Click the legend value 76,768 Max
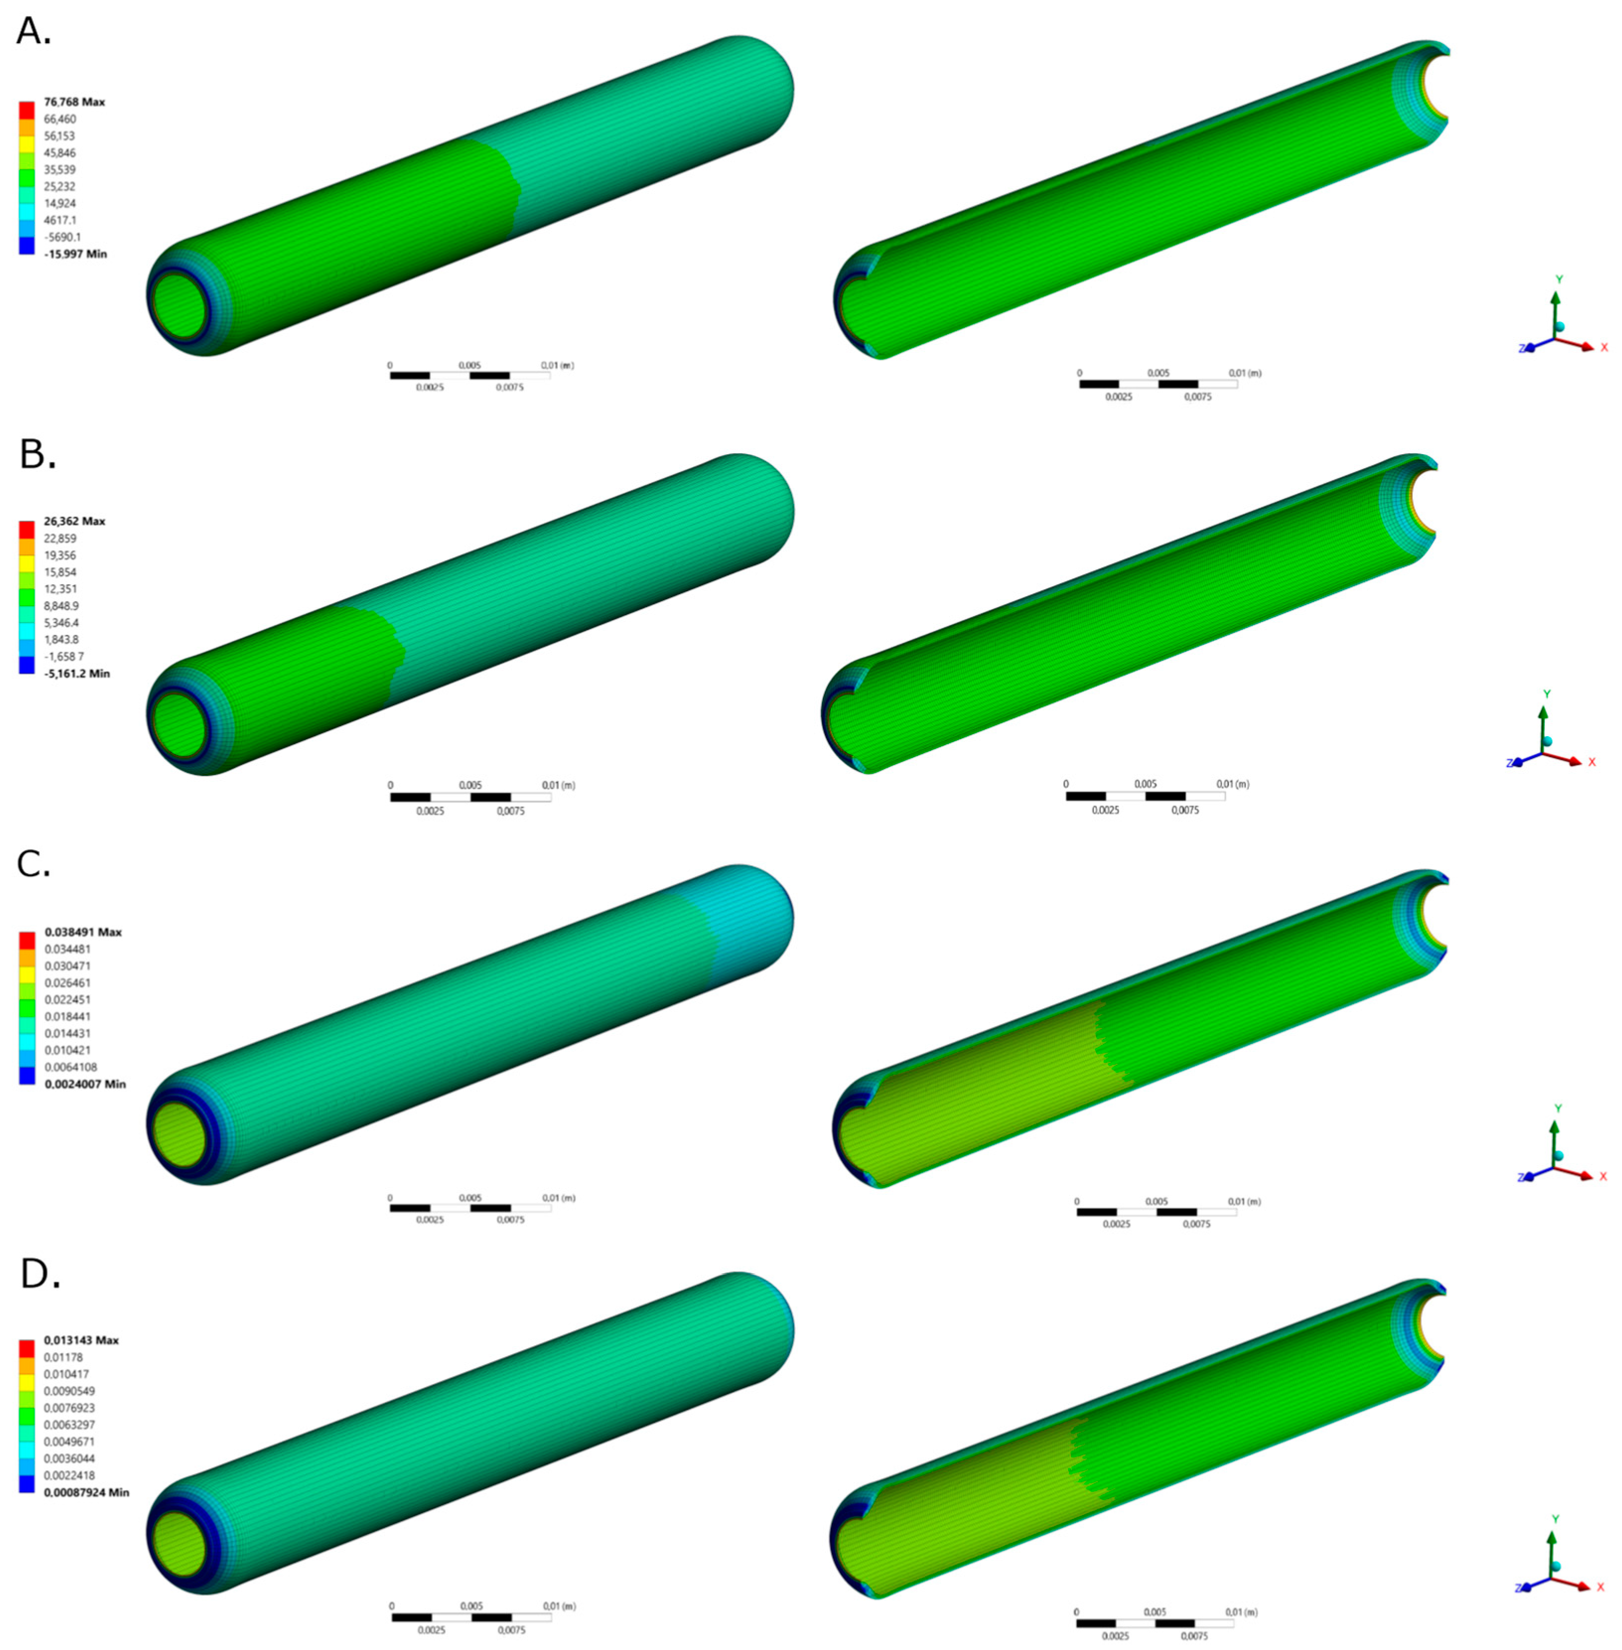(x=74, y=102)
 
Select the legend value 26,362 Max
(x=74, y=521)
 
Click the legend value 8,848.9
(x=61, y=606)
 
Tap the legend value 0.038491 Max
(x=82, y=932)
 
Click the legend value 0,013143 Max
(x=81, y=1340)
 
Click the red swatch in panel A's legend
(x=26, y=110)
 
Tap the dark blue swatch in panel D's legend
(x=26, y=1484)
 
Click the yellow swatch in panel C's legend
(x=26, y=973)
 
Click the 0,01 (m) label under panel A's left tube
(x=557, y=365)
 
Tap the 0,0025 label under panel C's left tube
(x=430, y=1220)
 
